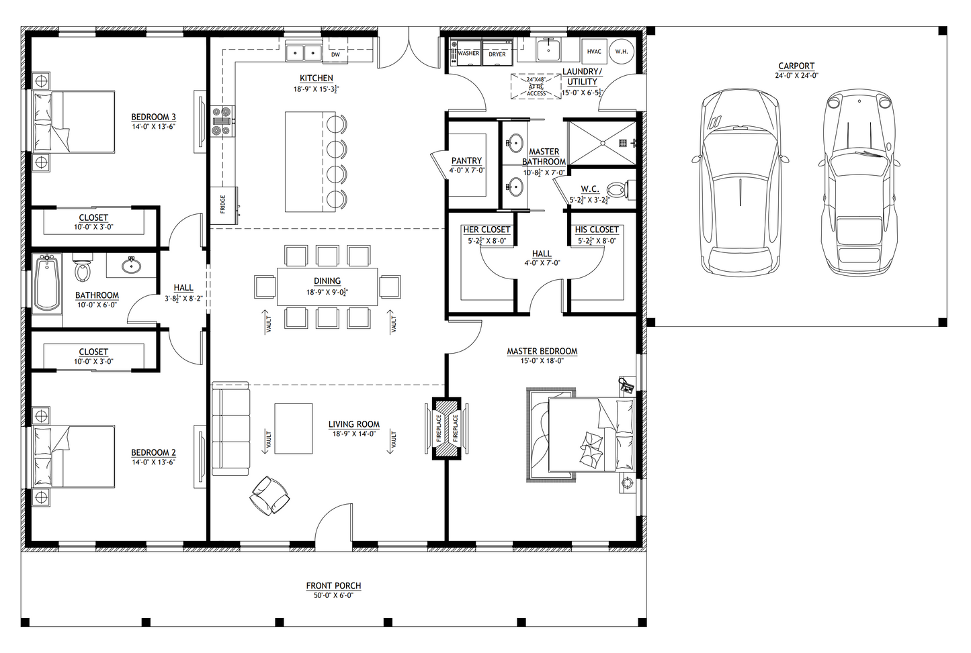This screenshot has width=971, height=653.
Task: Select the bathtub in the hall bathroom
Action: click(46, 283)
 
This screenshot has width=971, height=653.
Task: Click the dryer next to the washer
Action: click(497, 54)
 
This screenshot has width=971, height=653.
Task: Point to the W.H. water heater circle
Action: click(622, 51)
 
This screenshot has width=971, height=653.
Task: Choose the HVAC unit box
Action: click(594, 51)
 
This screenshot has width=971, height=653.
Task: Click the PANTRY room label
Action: click(466, 160)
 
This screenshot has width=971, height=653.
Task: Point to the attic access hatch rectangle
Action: click(536, 86)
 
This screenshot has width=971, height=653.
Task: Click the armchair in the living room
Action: click(271, 495)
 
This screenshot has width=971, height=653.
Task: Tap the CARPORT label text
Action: click(796, 66)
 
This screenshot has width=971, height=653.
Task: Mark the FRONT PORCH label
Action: click(333, 586)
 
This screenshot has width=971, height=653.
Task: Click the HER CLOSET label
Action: click(487, 230)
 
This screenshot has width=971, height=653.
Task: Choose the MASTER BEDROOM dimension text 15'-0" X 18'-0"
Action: click(542, 361)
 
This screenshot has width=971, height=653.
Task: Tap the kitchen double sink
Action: click(304, 52)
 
